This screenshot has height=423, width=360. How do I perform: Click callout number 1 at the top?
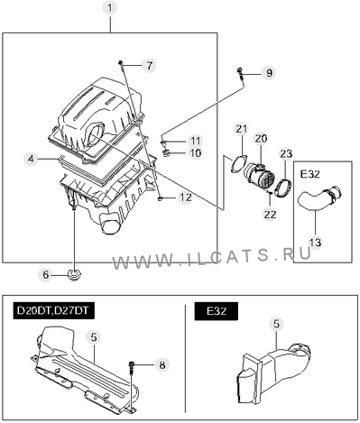tap(110, 8)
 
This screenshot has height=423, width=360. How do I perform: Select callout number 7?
tap(149, 66)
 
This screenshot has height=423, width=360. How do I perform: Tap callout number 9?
tap(269, 72)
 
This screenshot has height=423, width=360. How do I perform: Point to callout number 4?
tap(32, 159)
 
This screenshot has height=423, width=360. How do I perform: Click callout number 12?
tap(185, 198)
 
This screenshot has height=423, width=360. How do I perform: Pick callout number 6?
tap(45, 274)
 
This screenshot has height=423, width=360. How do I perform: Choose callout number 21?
tap(241, 129)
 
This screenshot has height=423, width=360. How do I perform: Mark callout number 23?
tap(286, 153)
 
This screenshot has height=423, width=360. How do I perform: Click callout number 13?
tap(315, 243)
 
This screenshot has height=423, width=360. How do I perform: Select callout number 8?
tap(162, 364)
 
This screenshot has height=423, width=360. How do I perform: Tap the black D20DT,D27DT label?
tap(53, 310)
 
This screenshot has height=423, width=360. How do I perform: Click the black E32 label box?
tap(216, 311)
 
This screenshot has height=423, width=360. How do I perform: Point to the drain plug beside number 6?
tap(73, 274)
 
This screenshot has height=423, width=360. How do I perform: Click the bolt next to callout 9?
tap(241, 74)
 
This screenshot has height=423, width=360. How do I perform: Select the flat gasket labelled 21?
tap(239, 164)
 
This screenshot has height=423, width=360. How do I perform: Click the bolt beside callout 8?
tap(132, 370)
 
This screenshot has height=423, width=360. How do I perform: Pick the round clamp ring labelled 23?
tap(283, 188)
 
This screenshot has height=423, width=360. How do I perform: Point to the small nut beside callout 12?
tap(161, 198)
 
